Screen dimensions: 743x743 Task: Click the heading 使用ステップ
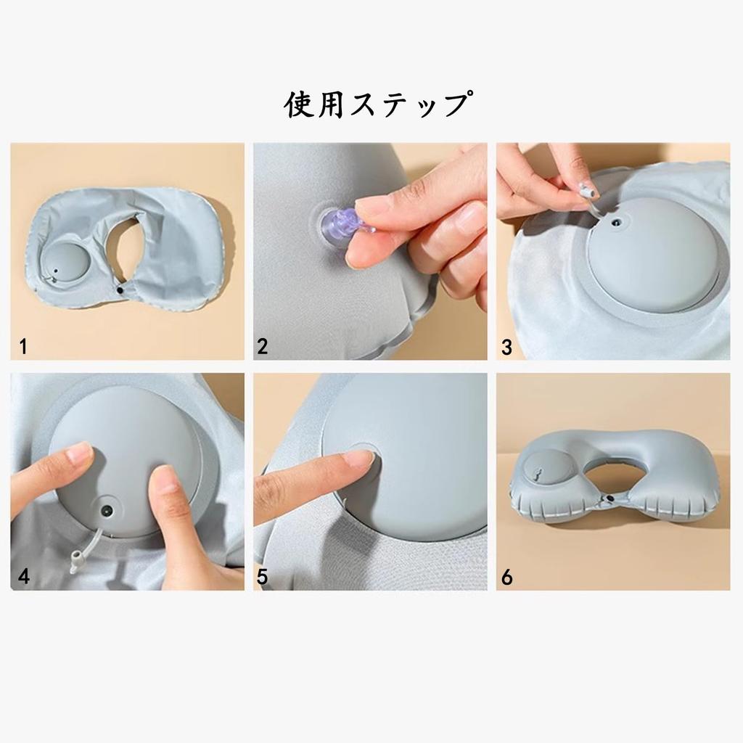pos(375,105)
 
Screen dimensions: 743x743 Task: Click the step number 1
pos(23,347)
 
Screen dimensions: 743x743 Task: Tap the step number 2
pos(262,347)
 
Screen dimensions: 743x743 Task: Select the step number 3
pos(506,347)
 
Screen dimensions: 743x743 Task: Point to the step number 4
pos(24,578)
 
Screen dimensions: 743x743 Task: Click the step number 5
pos(262,578)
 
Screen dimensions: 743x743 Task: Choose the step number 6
pos(506,578)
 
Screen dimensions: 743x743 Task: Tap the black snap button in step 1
pos(119,290)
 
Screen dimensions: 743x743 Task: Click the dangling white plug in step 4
pos(75,561)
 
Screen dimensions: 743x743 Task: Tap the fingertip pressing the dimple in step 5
pos(358,459)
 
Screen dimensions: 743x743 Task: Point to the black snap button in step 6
pos(609,499)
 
